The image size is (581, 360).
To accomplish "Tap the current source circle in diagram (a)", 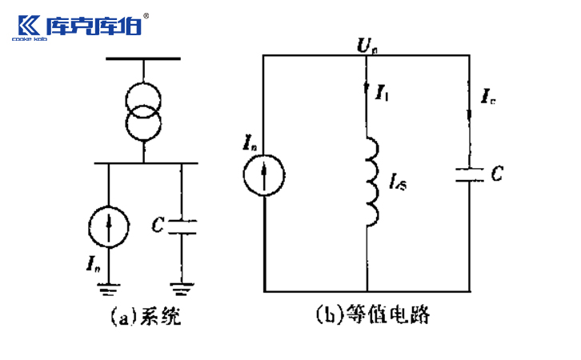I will (110, 229).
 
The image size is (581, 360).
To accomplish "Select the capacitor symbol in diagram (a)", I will (182, 225).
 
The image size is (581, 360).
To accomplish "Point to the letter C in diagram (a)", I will (157, 225).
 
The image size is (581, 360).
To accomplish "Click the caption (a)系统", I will (145, 318).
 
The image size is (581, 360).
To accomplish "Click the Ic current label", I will (487, 98).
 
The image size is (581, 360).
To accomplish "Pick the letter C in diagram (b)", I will (496, 173).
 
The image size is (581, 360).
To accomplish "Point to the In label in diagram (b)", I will (249, 145).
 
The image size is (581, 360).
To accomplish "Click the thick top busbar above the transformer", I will (144, 58).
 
